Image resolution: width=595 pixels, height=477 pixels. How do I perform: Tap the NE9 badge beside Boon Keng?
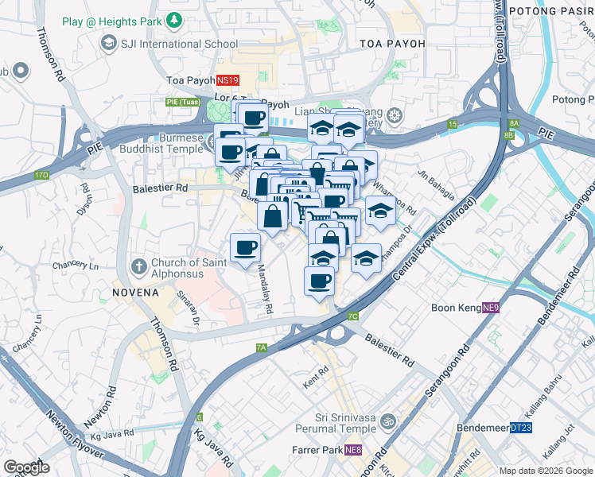pyautogui.click(x=491, y=308)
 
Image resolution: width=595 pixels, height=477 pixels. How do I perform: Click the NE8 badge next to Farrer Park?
pyautogui.click(x=354, y=451)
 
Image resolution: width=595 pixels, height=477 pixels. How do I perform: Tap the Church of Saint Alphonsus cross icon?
pyautogui.click(x=138, y=265)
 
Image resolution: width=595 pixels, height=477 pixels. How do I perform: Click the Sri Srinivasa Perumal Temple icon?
pyautogui.click(x=389, y=420)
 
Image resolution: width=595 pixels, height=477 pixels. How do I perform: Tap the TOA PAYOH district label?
pyautogui.click(x=392, y=44)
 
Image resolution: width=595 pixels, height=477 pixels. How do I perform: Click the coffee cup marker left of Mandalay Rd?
pyautogui.click(x=245, y=247)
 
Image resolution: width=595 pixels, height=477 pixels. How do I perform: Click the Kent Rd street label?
pyautogui.click(x=316, y=377)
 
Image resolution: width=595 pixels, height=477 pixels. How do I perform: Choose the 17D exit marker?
pyautogui.click(x=41, y=175)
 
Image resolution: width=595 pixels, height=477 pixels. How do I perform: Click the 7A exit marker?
pyautogui.click(x=262, y=347)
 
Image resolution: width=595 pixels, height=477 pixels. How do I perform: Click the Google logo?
pyautogui.click(x=26, y=467)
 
